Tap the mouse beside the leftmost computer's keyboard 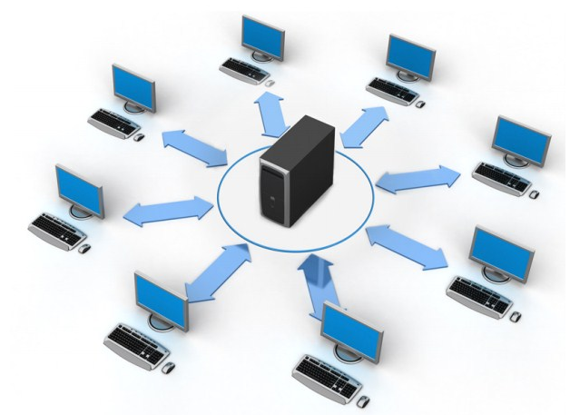coord(85,248)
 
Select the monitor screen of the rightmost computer coord(522,138)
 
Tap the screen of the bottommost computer coord(352,328)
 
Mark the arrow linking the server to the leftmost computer coord(168,209)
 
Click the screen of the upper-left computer coord(133,87)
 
